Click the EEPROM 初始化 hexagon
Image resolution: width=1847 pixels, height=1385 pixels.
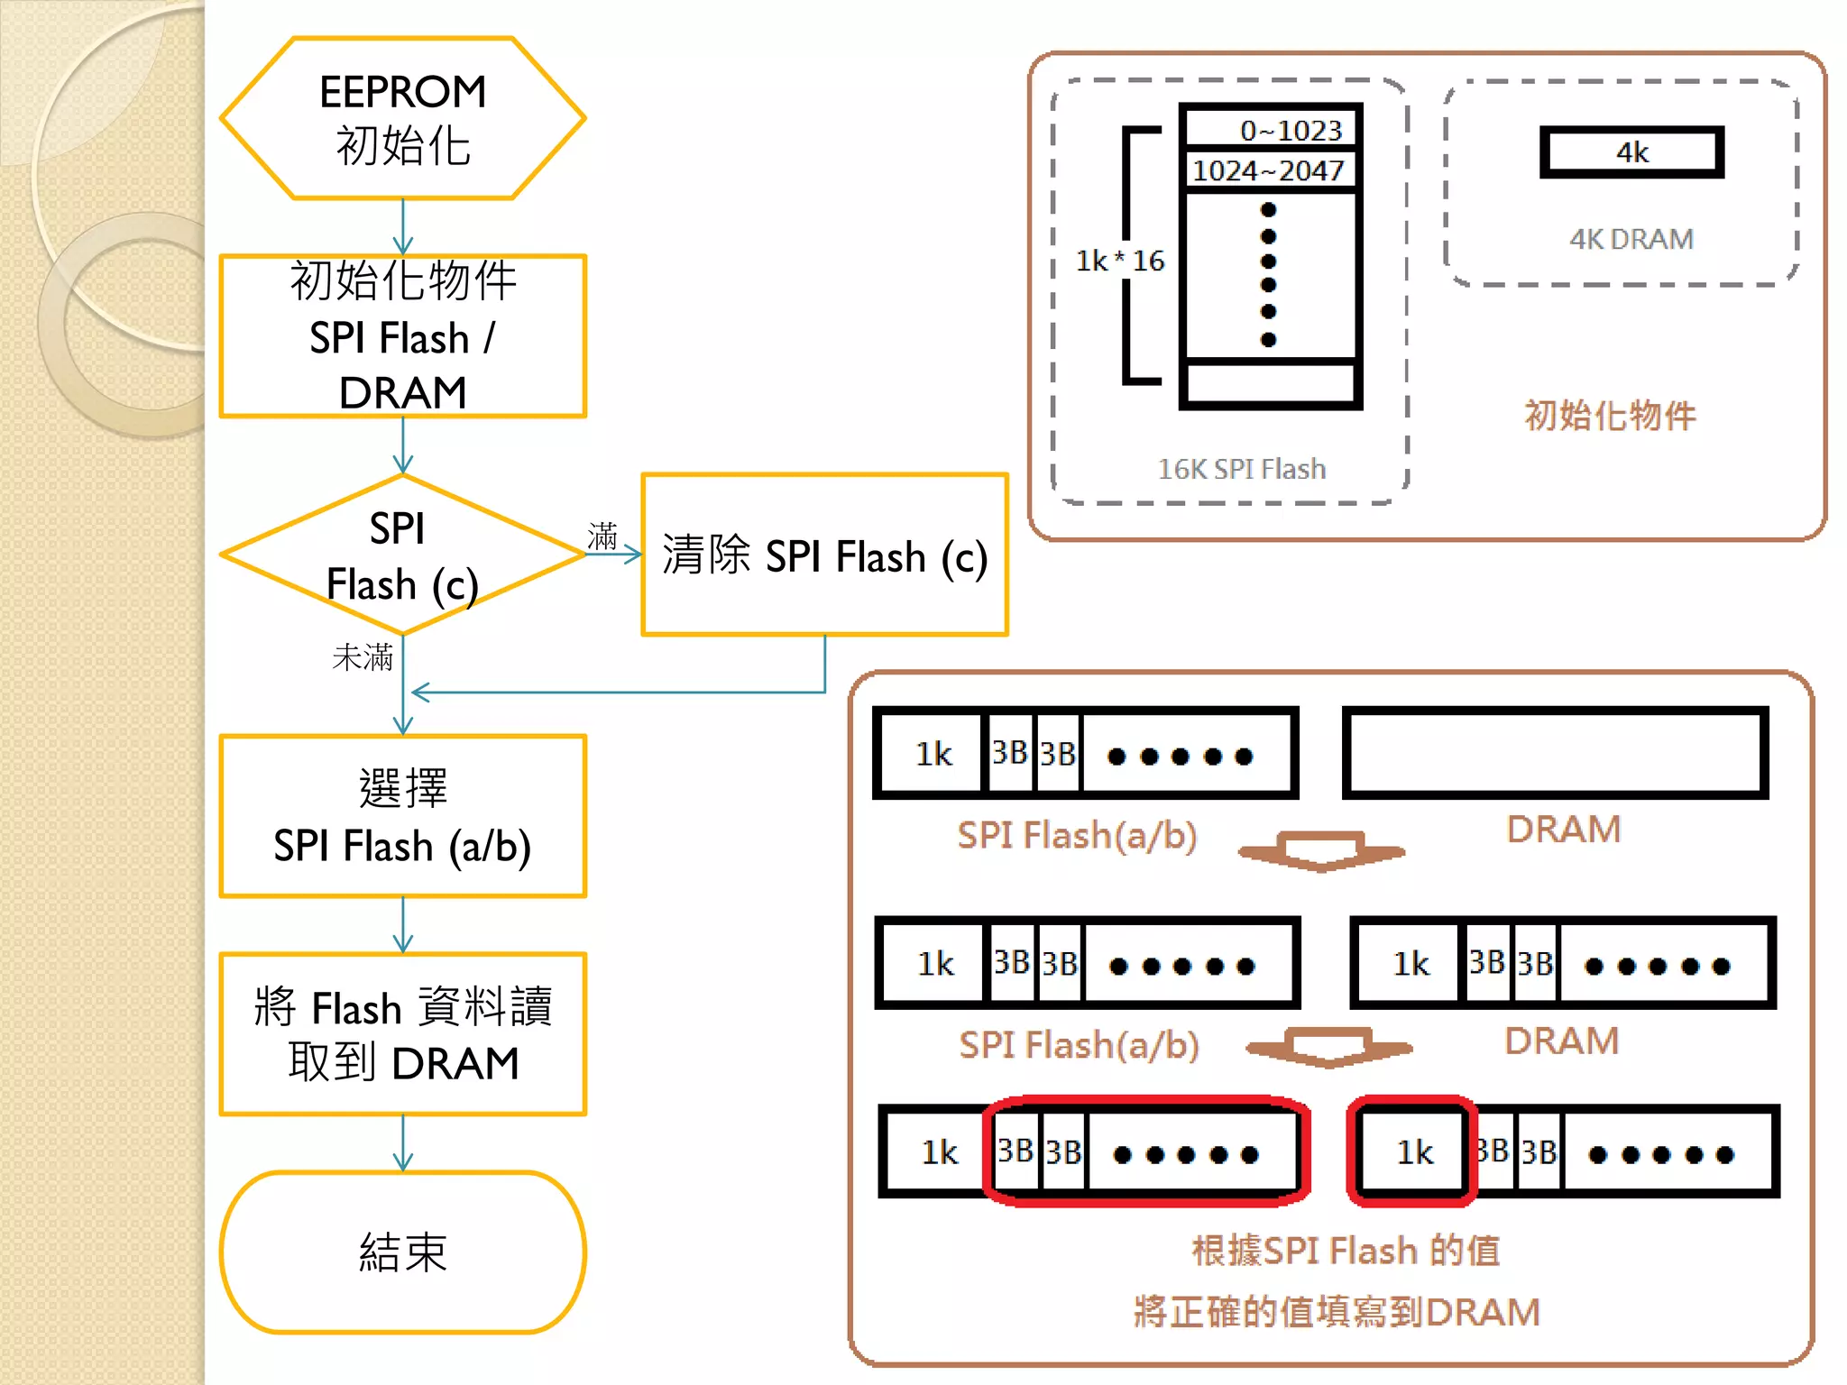pos(402,118)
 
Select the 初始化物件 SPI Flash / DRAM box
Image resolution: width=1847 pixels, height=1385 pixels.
pos(402,335)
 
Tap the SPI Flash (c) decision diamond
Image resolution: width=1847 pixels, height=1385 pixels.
pos(402,555)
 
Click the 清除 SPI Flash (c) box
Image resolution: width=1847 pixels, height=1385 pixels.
pos(824,555)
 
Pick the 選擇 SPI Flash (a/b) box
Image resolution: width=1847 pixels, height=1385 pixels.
pos(402,816)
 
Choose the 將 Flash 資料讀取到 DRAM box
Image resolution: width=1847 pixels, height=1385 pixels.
pos(402,1034)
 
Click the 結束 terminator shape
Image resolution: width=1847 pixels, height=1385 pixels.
pos(402,1252)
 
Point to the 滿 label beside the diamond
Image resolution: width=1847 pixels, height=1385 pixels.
pos(602,536)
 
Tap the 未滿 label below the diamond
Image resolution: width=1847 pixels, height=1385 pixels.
pos(363,656)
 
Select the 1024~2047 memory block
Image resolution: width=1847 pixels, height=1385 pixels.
pos(1270,170)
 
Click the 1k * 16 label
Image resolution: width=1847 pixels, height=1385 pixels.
pos(1119,261)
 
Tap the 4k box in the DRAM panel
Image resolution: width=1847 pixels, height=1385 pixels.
pos(1631,152)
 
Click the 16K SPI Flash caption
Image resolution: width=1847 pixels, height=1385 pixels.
pos(1241,469)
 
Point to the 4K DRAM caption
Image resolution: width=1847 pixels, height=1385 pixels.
pos(1631,239)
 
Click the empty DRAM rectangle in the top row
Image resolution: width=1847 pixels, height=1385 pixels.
pos(1555,753)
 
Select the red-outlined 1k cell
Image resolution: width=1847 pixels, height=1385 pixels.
pos(1412,1151)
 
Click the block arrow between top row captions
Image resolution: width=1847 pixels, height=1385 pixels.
pos(1321,850)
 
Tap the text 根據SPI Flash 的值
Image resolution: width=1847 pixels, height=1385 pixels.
pos(1346,1251)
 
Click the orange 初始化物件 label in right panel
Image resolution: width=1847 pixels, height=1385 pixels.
pos(1610,416)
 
